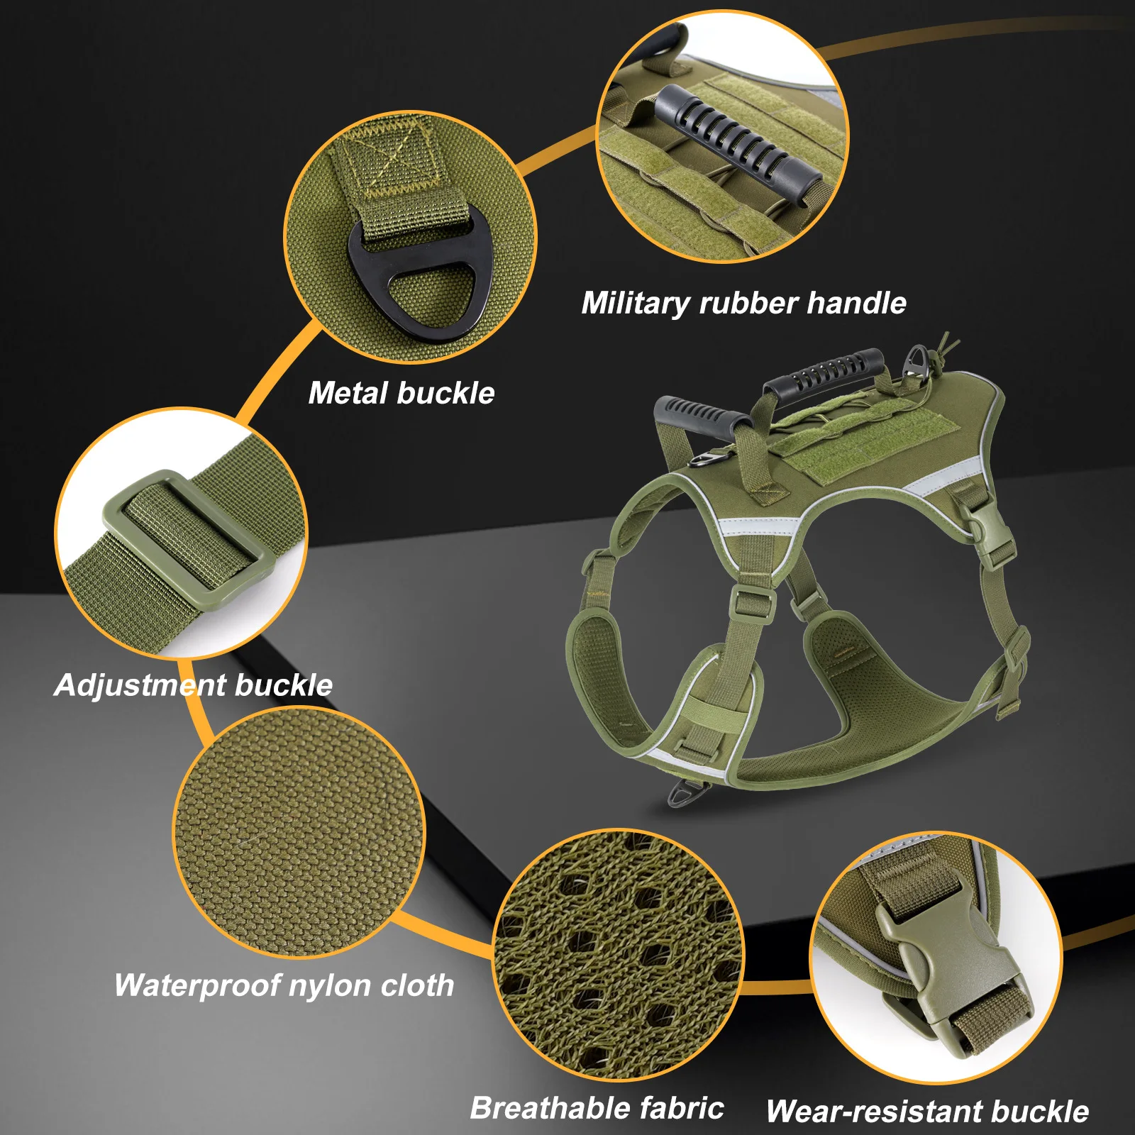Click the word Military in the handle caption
[634, 304]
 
